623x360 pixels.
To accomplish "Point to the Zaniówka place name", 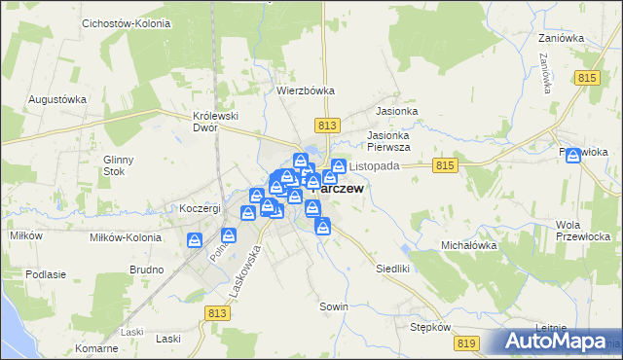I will (561, 38).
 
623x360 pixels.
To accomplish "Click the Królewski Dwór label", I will (216, 122).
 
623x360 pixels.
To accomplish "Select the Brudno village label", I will (146, 269).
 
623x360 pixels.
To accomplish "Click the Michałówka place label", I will (469, 245).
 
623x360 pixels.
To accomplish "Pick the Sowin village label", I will (334, 306).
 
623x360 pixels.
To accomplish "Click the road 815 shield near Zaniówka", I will (586, 78).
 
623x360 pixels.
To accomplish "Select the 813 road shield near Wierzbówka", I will (327, 125).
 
